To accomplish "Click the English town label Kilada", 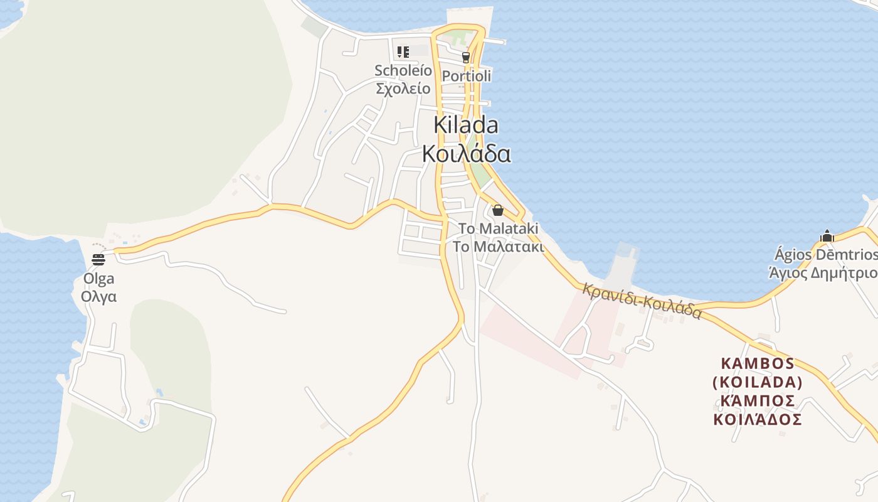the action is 466,125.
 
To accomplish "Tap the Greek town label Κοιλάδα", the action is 466,153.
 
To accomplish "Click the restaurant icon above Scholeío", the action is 403,51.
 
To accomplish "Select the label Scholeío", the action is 403,70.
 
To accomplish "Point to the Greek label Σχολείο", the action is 403,88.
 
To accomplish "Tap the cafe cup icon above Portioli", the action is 465,57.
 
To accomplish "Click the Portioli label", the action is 466,76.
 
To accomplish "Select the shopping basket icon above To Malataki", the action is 498,210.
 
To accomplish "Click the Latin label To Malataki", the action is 499,228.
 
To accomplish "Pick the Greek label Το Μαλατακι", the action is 499,246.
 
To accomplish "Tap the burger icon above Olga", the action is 98,259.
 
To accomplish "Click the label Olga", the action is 99,279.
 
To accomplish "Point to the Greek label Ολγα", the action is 99,296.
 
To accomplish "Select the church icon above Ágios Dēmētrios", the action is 827,237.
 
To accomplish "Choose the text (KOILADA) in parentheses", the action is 758,382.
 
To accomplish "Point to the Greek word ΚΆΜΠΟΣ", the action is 758,401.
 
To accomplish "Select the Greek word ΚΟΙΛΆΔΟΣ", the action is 758,420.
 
